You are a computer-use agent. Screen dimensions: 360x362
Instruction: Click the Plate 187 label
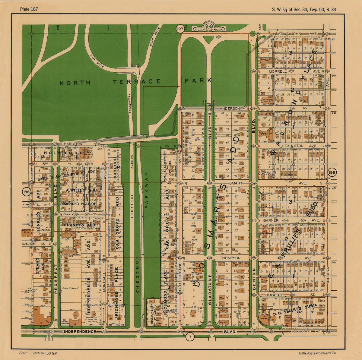[29, 9]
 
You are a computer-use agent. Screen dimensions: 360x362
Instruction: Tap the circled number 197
[180, 29]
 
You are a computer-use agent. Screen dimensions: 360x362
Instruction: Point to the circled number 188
[331, 173]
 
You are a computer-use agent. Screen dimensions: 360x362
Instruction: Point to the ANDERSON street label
[230, 108]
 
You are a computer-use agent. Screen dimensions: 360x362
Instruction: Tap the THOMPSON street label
[230, 258]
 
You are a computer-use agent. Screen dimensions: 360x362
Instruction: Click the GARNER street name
[271, 220]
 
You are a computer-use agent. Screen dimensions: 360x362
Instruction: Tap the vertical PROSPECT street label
[56, 279]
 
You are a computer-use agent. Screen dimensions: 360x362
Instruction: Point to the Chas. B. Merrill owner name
[70, 288]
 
